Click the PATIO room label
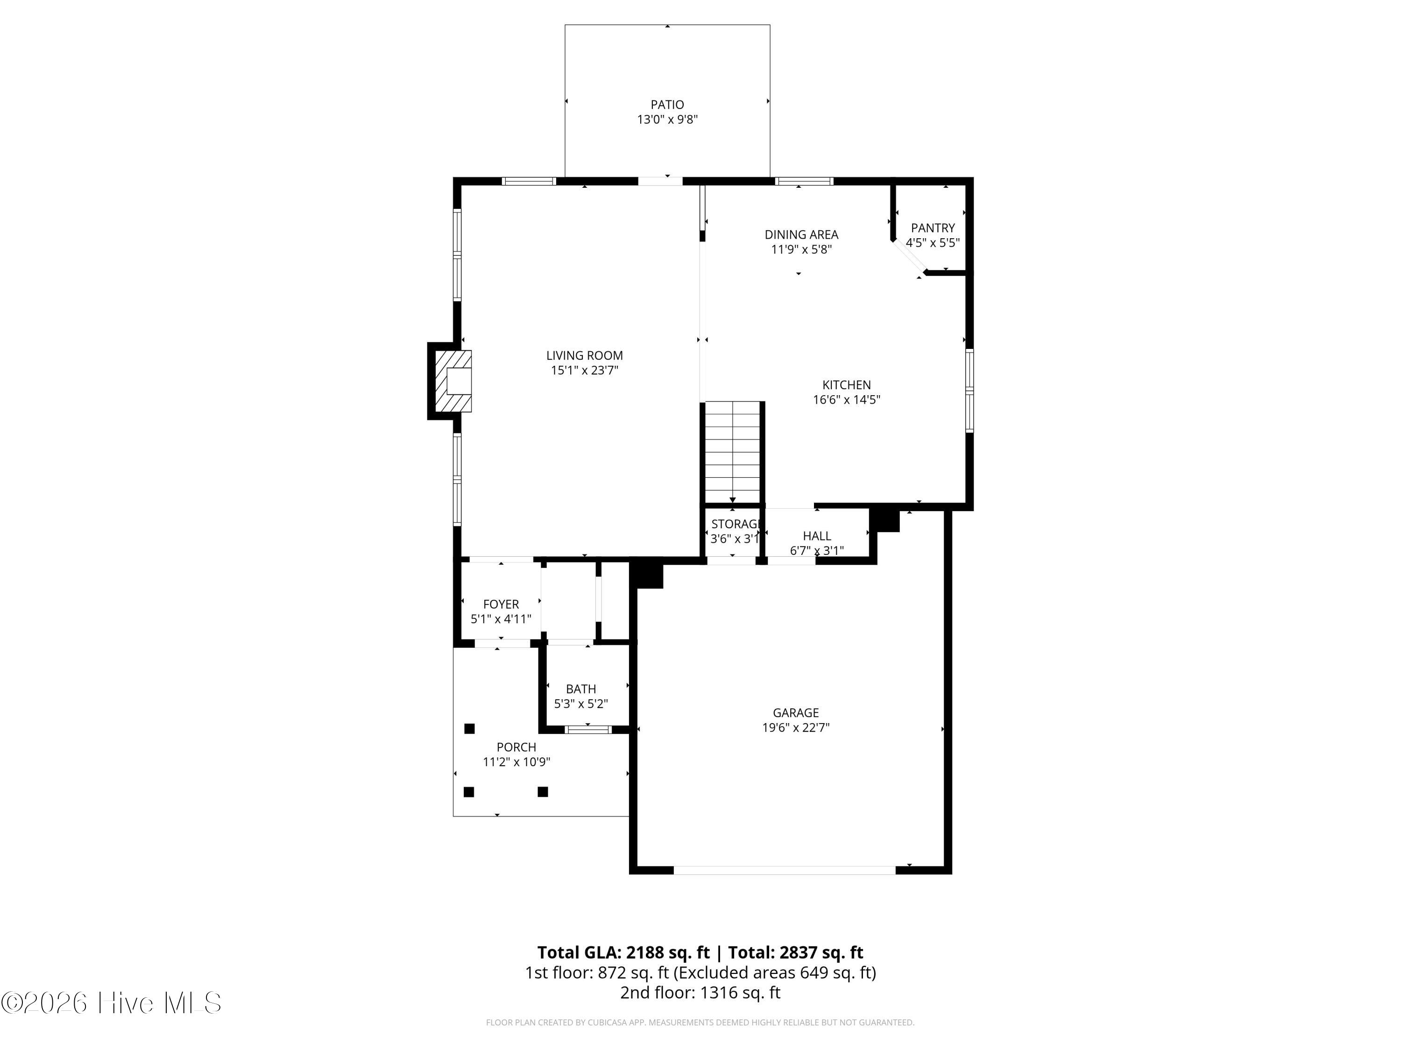point(667,105)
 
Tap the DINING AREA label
point(801,235)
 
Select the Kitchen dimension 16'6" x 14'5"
point(846,400)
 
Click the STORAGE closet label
point(735,524)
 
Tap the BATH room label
point(581,689)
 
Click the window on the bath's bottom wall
point(588,730)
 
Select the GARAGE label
point(795,713)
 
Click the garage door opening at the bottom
point(784,870)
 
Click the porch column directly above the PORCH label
point(469,729)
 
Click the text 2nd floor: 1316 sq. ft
point(700,992)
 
